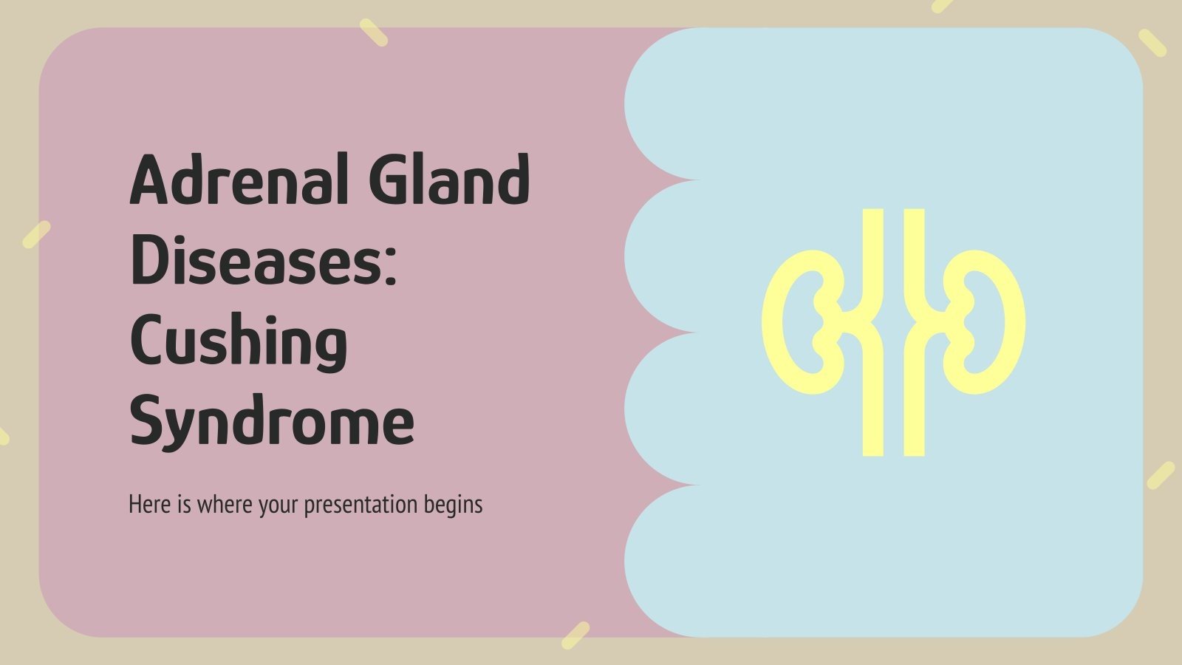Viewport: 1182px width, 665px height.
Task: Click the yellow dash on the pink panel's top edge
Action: click(373, 33)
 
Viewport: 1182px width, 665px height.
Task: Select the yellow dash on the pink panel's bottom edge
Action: click(575, 635)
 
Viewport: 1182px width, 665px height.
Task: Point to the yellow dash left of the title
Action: click(36, 234)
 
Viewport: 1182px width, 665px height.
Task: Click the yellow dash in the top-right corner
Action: click(1152, 43)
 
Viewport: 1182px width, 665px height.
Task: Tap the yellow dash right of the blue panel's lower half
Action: click(1161, 475)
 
